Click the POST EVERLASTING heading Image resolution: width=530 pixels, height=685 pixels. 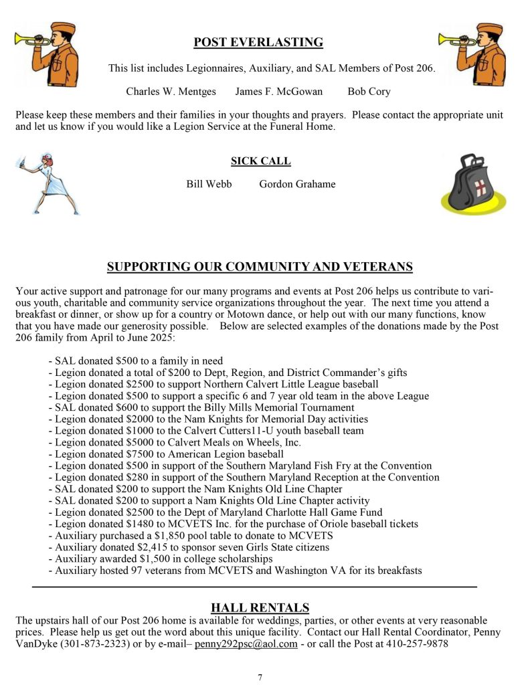click(258, 43)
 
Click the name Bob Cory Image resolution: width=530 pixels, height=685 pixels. click(369, 92)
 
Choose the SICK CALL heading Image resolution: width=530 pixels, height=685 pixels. click(260, 161)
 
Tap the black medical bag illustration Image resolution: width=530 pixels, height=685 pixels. click(472, 183)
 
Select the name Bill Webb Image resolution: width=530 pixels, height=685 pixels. click(209, 184)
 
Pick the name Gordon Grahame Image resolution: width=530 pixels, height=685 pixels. click(297, 184)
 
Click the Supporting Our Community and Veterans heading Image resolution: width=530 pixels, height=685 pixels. click(260, 268)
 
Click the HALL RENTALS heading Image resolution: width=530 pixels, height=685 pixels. click(260, 607)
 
